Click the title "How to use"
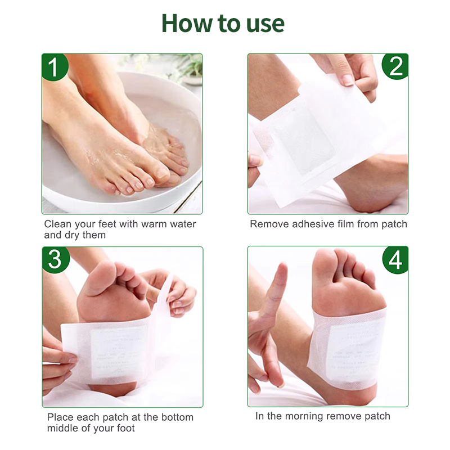pyautogui.click(x=223, y=24)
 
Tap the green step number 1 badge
pyautogui.click(x=55, y=67)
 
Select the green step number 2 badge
pyautogui.click(x=395, y=67)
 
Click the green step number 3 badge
pyautogui.click(x=55, y=260)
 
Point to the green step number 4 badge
pyautogui.click(x=395, y=260)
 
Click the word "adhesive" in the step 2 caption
pyautogui.click(x=310, y=224)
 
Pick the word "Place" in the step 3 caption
pyautogui.click(x=60, y=417)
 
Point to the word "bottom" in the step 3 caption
pyautogui.click(x=176, y=417)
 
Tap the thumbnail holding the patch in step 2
pyautogui.click(x=347, y=79)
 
